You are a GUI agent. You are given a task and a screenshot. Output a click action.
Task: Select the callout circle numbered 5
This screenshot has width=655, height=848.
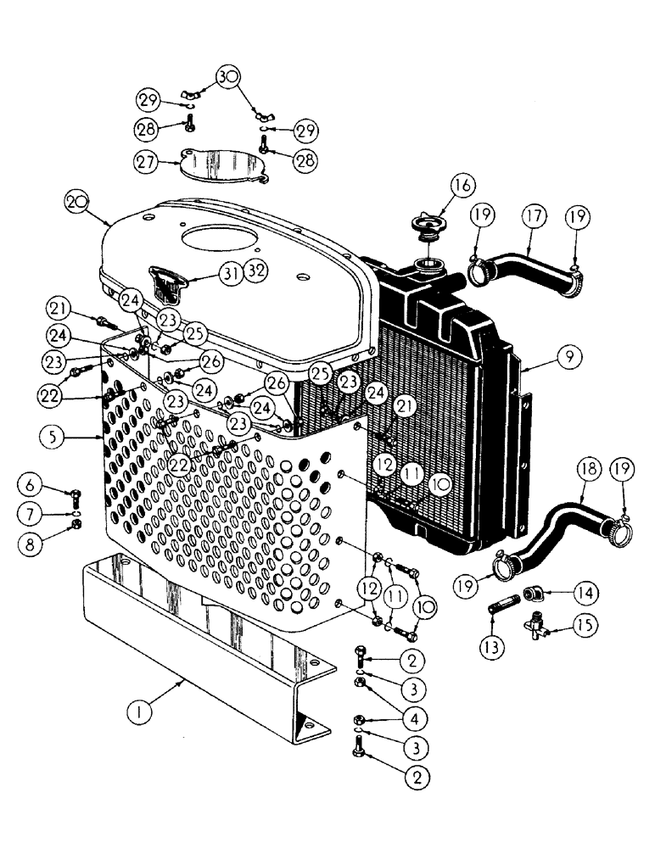tap(50, 438)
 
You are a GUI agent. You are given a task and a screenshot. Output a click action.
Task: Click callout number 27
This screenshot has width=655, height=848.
tap(148, 160)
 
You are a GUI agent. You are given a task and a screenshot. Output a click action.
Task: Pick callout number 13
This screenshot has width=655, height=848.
tap(493, 647)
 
